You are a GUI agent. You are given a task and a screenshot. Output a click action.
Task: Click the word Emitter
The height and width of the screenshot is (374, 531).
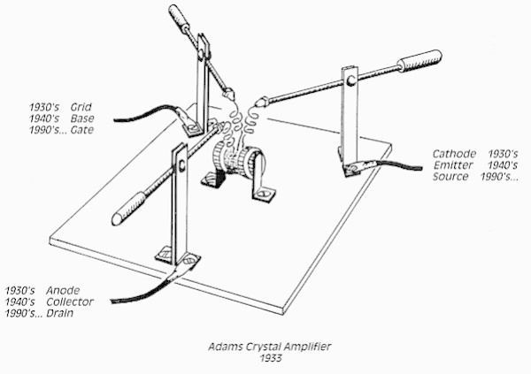pos(454,165)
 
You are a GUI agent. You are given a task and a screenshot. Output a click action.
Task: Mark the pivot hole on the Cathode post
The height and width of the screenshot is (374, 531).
pos(351,80)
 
